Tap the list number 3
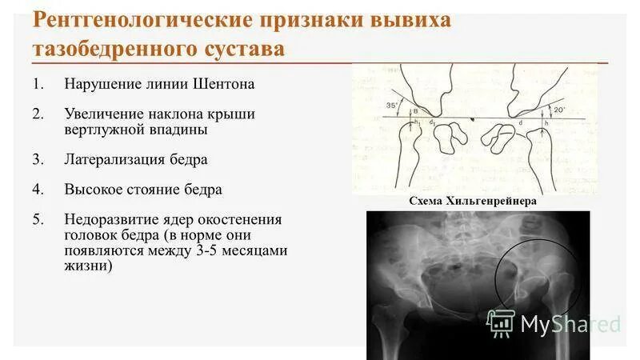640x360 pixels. tap(37, 159)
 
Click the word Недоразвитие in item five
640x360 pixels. tap(111, 220)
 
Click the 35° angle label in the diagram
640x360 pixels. tap(369, 106)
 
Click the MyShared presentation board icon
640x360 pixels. tap(501, 322)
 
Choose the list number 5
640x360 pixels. tap(37, 220)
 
